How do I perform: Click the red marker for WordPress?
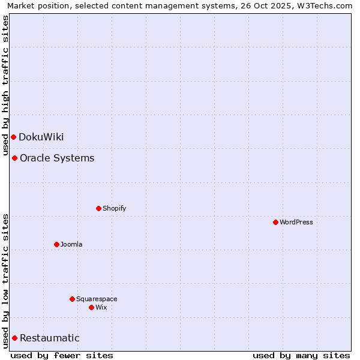tap(275, 222)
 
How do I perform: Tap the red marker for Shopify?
tap(98, 208)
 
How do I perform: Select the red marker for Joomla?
tap(56, 244)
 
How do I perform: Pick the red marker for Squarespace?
tap(72, 299)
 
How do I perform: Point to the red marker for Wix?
tap(91, 307)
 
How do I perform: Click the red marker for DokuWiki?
tap(13, 137)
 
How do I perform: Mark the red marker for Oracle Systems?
tap(14, 158)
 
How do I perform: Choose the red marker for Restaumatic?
tap(14, 338)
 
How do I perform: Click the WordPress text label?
tap(296, 222)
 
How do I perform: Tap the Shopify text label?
tap(115, 208)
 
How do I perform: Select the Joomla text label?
tap(71, 244)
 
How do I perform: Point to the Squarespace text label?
tap(97, 299)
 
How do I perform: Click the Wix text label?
tap(101, 307)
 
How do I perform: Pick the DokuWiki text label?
tap(41, 137)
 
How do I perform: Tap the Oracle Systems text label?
tap(57, 158)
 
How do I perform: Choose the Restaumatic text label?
tap(50, 338)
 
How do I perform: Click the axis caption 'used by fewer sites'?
tap(62, 355)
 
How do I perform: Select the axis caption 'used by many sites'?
tap(301, 355)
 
